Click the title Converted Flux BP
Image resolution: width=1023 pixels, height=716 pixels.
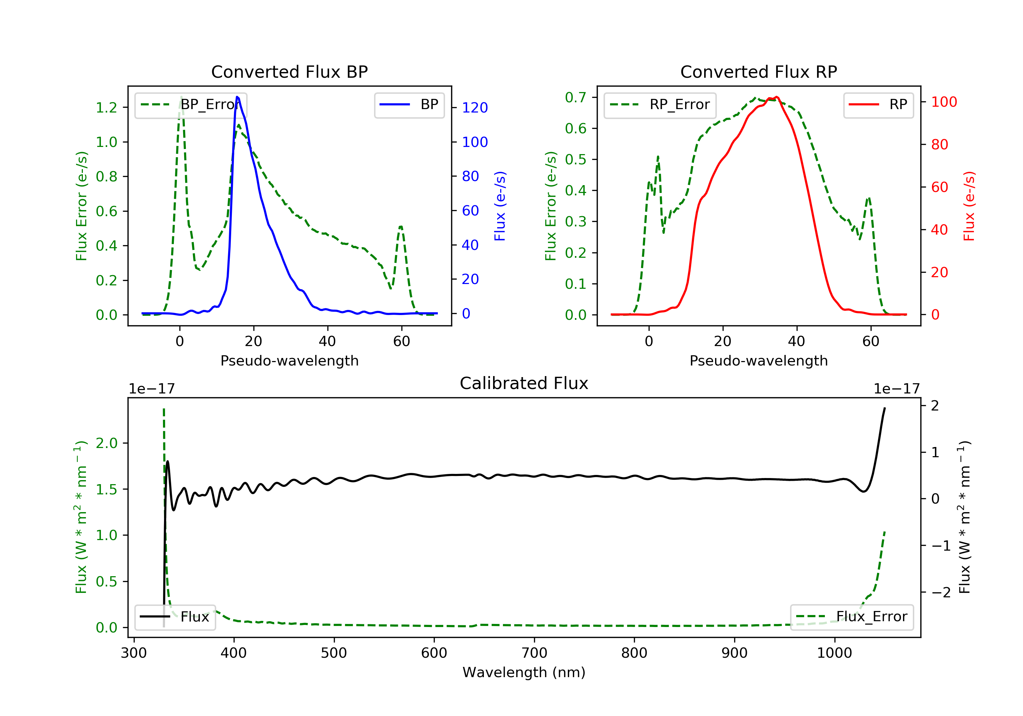pyautogui.click(x=289, y=72)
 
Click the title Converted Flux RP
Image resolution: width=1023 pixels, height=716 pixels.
pyautogui.click(x=758, y=72)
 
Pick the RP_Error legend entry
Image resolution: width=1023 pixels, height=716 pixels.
pyautogui.click(x=660, y=105)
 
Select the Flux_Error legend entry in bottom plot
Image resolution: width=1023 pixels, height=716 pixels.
pyautogui.click(x=852, y=617)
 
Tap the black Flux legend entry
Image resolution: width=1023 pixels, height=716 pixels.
pyautogui.click(x=175, y=617)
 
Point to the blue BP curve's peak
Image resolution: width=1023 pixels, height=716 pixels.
pyautogui.click(x=237, y=97)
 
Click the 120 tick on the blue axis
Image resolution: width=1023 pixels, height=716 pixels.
pyautogui.click(x=475, y=107)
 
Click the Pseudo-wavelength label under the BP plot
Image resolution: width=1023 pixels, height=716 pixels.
pyautogui.click(x=289, y=360)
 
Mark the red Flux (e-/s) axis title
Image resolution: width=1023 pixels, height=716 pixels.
pyautogui.click(x=969, y=206)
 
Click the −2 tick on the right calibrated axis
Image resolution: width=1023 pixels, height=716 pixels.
pyautogui.click(x=940, y=592)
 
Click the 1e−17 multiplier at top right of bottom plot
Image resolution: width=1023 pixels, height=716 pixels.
pyautogui.click(x=896, y=389)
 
